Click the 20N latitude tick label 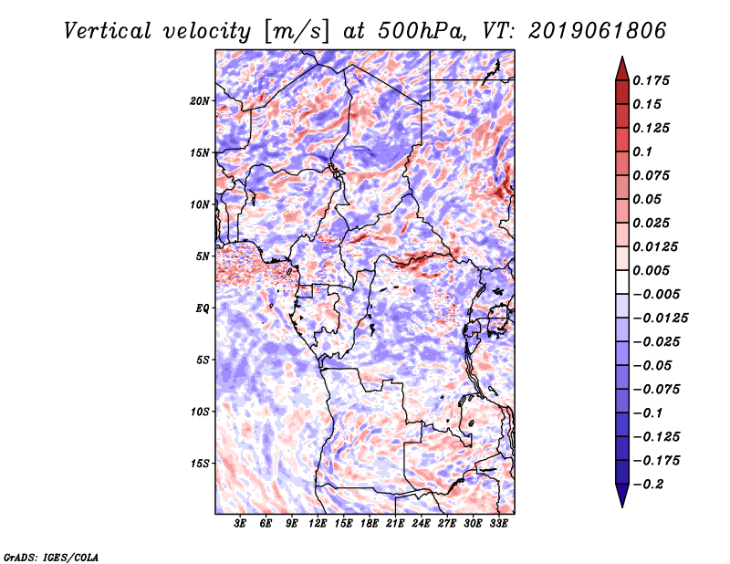(201, 100)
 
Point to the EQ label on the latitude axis (203, 308)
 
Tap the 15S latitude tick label (201, 463)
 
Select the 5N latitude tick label (203, 256)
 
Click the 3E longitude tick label (241, 525)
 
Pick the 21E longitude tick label (395, 525)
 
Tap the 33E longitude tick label (499, 525)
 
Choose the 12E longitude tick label (318, 525)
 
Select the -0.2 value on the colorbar (648, 484)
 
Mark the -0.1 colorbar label (648, 413)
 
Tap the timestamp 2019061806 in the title (584, 30)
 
